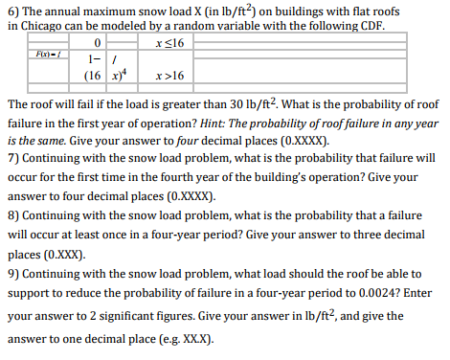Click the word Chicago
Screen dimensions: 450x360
(45, 25)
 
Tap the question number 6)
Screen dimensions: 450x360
(13, 9)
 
